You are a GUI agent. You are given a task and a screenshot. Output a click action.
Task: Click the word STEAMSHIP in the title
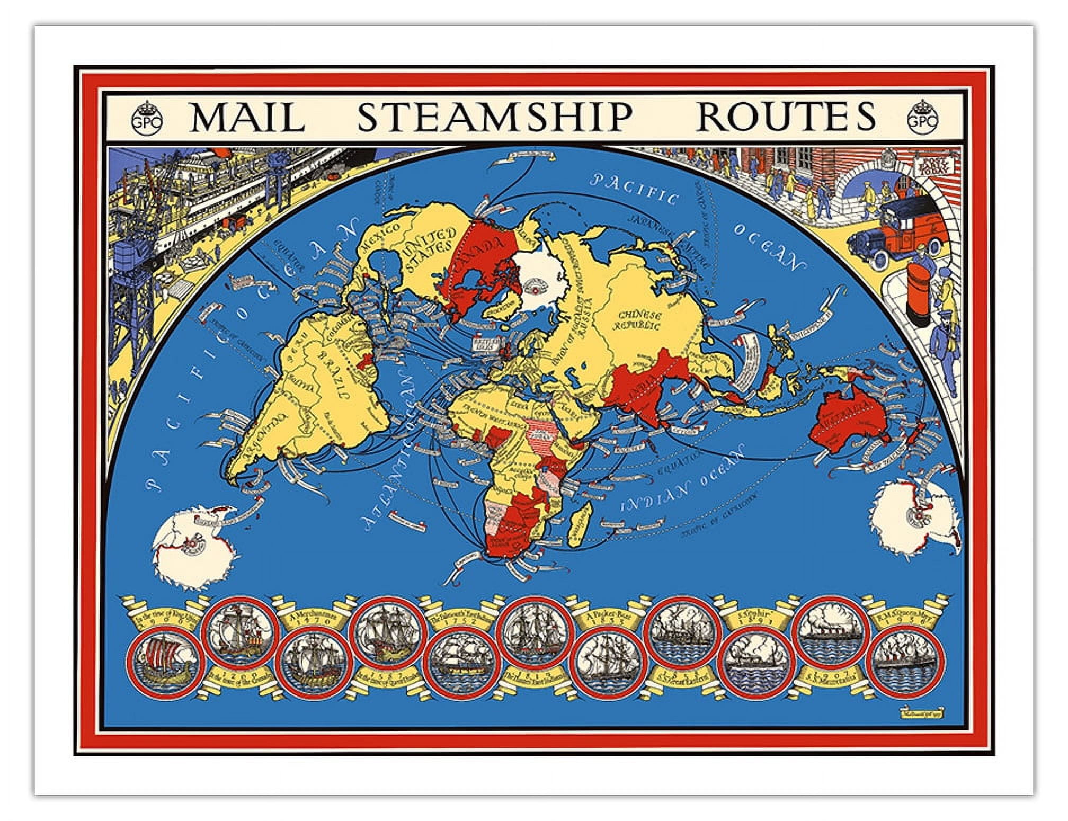click(x=495, y=117)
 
